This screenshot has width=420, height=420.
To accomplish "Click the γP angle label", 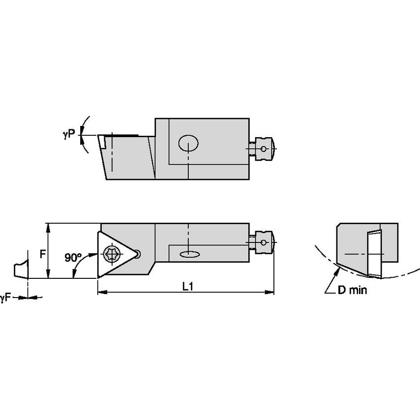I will coord(69,133).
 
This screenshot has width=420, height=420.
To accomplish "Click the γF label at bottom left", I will coord(5,297).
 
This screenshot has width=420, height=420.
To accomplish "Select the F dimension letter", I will coord(43,254).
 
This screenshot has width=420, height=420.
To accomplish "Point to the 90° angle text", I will coord(73,257).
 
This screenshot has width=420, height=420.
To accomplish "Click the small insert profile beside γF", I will coord(20,269).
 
